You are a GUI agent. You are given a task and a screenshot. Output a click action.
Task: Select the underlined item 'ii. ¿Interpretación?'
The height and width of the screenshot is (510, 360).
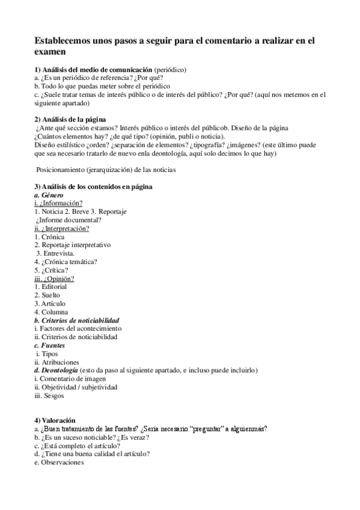pos(62,229)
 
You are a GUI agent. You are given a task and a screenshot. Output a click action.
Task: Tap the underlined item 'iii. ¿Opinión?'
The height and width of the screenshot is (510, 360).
pos(54,278)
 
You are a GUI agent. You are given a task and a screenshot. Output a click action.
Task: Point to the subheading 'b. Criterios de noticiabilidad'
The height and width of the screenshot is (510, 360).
pos(76,321)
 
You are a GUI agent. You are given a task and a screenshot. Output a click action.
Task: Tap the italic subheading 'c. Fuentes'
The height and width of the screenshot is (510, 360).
pos(49,346)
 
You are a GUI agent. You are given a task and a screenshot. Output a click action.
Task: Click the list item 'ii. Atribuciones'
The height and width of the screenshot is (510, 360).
pos(56,362)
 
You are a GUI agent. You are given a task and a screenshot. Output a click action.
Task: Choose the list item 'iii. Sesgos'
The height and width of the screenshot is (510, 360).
pos(49,396)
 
